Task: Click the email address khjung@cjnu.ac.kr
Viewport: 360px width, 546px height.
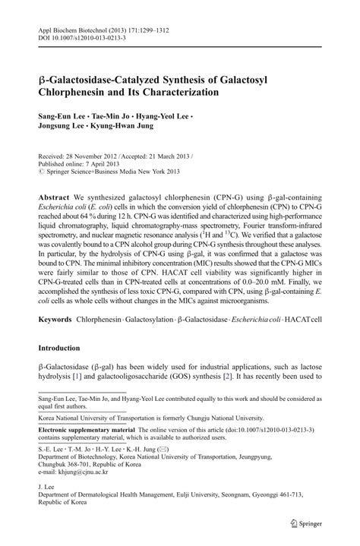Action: (x=84, y=471)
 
